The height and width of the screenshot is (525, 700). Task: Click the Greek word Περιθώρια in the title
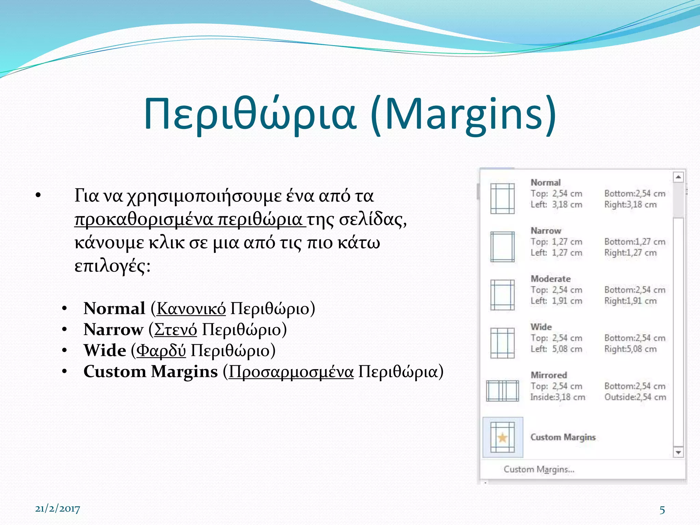pyautogui.click(x=250, y=115)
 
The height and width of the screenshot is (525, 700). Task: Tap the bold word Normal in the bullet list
pyautogui.click(x=115, y=308)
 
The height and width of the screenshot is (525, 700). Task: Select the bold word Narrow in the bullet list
pyautogui.click(x=113, y=329)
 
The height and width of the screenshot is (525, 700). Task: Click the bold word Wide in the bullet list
pyautogui.click(x=105, y=350)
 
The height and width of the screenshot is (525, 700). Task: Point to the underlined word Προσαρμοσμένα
pyautogui.click(x=291, y=372)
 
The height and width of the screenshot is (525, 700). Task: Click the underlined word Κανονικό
pyautogui.click(x=191, y=308)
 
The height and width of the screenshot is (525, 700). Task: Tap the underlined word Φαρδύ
pyautogui.click(x=161, y=350)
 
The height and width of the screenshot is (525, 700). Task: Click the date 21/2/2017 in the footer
pyautogui.click(x=57, y=509)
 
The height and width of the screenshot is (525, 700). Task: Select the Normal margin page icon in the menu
pyautogui.click(x=502, y=199)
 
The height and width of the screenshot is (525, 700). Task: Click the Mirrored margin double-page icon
pyautogui.click(x=502, y=391)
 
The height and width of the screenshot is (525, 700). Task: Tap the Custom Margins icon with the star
pyautogui.click(x=502, y=437)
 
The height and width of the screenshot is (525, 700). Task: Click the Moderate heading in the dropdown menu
pyautogui.click(x=550, y=279)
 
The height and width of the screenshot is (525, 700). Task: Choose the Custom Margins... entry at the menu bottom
pyautogui.click(x=539, y=469)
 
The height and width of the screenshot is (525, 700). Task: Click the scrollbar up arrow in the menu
pyautogui.click(x=678, y=177)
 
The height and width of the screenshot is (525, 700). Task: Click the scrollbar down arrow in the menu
pyautogui.click(x=678, y=453)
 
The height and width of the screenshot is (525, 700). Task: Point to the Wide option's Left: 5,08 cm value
pyautogui.click(x=556, y=349)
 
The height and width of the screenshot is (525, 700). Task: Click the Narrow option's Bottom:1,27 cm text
pyautogui.click(x=635, y=242)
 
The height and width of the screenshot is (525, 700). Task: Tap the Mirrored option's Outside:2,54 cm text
pyautogui.click(x=635, y=397)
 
